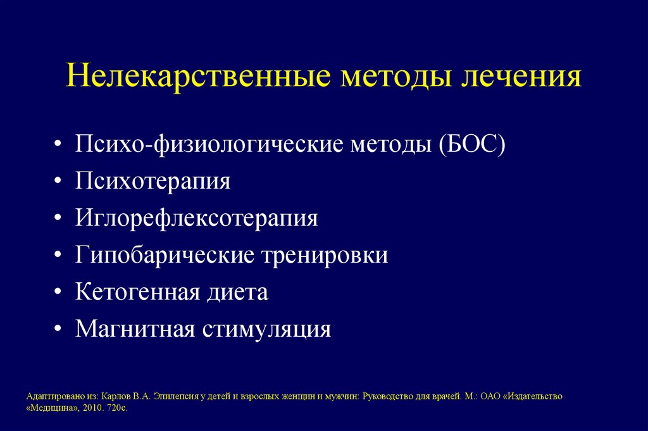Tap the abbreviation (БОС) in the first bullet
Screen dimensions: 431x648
[469, 145]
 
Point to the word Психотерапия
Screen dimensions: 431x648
[153, 182]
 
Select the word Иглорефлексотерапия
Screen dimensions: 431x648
[197, 218]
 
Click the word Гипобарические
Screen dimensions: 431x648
[163, 256]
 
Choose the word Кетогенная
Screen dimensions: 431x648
[136, 292]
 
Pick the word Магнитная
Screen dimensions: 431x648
[134, 329]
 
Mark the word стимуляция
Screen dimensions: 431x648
[266, 329]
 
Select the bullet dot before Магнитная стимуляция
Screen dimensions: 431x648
[58, 330]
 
